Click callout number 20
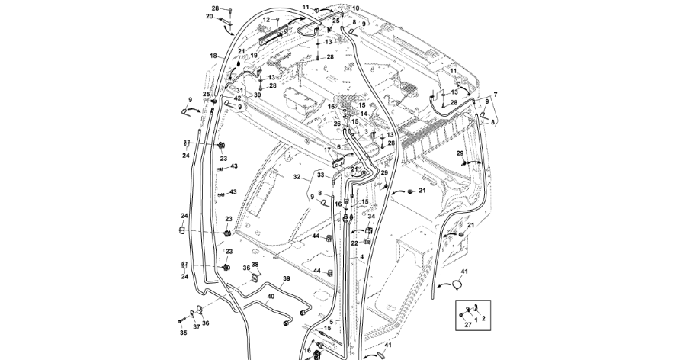[210, 17]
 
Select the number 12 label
[266, 20]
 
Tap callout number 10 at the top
[355, 8]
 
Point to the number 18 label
[213, 56]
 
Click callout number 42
[237, 98]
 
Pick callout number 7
[496, 95]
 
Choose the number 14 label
[364, 114]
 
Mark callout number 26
[337, 124]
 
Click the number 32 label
[297, 177]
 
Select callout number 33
[320, 175]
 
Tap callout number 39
[286, 278]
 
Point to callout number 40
[271, 297]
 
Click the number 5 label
[332, 322]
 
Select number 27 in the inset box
[468, 325]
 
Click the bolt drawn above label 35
[181, 321]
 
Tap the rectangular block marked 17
[338, 163]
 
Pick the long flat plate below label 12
[274, 34]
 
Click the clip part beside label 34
[369, 230]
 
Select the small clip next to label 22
[367, 241]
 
